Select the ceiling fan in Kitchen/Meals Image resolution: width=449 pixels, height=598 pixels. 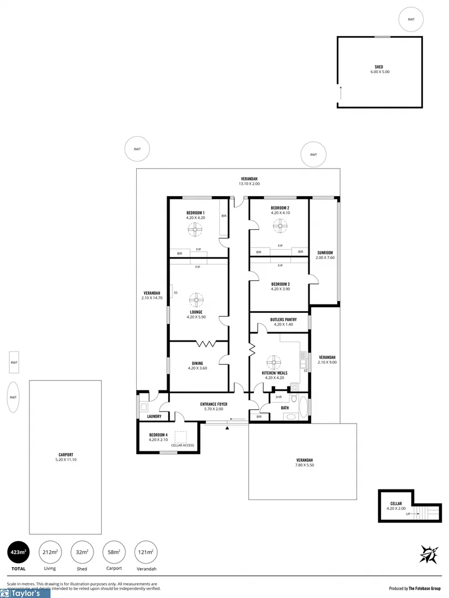click(x=273, y=363)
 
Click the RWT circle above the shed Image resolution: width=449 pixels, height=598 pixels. click(x=411, y=19)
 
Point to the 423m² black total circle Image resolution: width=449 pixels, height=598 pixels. click(x=17, y=552)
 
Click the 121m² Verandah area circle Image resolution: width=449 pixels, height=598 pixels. click(x=146, y=552)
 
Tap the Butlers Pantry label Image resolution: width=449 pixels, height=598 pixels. click(x=283, y=319)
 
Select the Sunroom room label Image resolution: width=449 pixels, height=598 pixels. click(x=325, y=252)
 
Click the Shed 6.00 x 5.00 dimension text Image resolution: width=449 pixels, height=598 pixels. click(x=380, y=72)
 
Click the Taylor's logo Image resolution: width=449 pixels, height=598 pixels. click(x=25, y=594)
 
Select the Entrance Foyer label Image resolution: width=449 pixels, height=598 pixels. click(x=214, y=404)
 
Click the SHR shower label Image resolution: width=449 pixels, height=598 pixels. click(x=279, y=397)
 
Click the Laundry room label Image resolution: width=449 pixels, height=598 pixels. click(x=154, y=416)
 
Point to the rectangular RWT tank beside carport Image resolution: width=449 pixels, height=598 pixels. click(x=14, y=363)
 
